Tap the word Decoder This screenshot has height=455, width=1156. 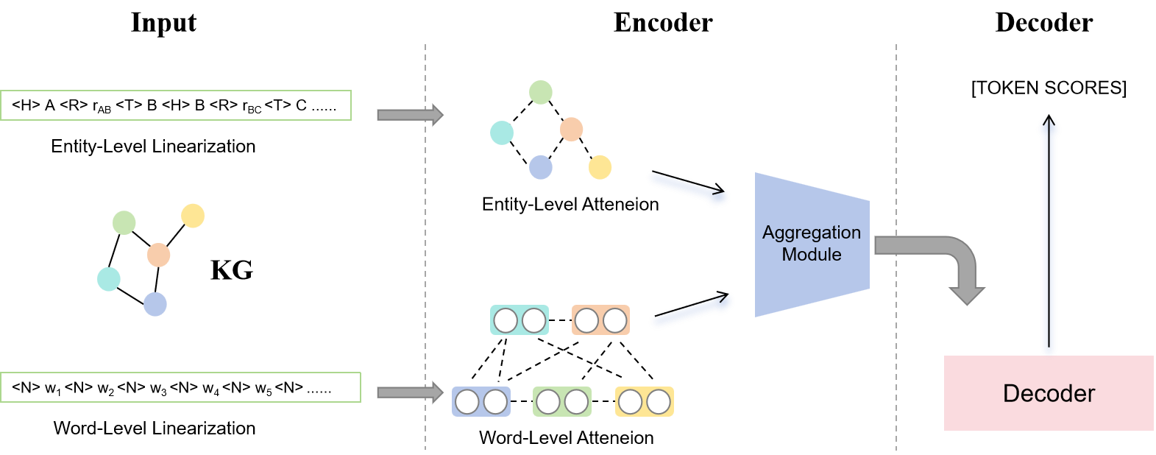[1049, 393]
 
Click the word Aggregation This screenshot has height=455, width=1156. [811, 233]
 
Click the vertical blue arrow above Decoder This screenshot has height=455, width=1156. [1049, 236]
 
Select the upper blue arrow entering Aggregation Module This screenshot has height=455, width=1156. [688, 187]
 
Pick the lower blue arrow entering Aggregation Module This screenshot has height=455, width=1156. [691, 309]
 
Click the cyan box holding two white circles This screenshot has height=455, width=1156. [520, 320]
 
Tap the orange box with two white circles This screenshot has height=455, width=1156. [600, 320]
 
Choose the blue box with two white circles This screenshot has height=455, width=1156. [481, 402]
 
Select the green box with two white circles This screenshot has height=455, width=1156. [561, 402]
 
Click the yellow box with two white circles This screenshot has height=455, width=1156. [644, 402]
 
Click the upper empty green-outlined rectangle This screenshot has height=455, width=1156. [176, 105]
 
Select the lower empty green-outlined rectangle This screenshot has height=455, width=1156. [180, 387]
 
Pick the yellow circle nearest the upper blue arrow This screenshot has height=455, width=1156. [600, 167]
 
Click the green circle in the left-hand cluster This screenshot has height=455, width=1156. [124, 222]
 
